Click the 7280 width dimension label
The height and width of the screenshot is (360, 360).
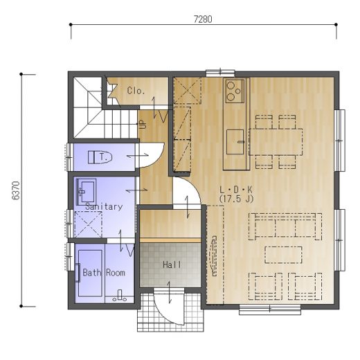[x=203, y=19]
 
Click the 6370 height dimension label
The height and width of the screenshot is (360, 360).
[x=16, y=190]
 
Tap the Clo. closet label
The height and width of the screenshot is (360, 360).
[x=136, y=91]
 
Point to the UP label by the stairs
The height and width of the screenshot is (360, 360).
[x=143, y=125]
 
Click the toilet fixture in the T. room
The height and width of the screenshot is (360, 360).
[x=100, y=157]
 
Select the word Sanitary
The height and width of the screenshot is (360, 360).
[x=104, y=206]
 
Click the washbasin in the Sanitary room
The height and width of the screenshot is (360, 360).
[x=86, y=192]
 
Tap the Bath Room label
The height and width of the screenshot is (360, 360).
[x=104, y=273]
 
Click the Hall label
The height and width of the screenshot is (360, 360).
[x=172, y=264]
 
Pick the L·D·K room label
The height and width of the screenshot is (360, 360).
[x=236, y=190]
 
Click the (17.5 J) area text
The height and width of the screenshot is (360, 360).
[x=236, y=199]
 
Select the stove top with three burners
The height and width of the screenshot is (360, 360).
[x=235, y=91]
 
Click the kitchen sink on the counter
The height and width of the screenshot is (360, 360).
[x=235, y=142]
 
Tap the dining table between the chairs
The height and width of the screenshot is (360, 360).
[x=276, y=142]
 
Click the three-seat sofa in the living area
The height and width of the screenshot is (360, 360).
[x=285, y=226]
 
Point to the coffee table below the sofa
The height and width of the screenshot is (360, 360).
[x=283, y=255]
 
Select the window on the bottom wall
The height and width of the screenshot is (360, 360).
[x=270, y=309]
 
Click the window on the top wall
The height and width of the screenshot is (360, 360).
[x=220, y=73]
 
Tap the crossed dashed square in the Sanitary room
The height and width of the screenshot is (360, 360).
[x=88, y=224]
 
